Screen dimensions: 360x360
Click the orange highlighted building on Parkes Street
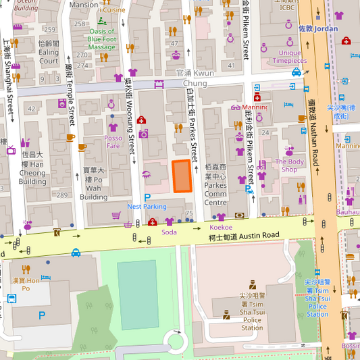click(x=182, y=176)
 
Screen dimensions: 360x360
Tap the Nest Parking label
click(x=147, y=206)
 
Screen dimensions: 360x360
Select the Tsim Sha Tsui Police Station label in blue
click(x=317, y=298)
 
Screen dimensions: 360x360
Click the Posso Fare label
click(x=113, y=141)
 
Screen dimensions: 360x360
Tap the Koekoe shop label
click(x=221, y=228)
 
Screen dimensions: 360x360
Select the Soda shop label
click(x=169, y=232)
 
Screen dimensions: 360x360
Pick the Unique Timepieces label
click(x=290, y=57)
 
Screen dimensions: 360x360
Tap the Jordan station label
click(x=318, y=29)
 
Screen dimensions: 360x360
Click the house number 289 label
click(x=62, y=195)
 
